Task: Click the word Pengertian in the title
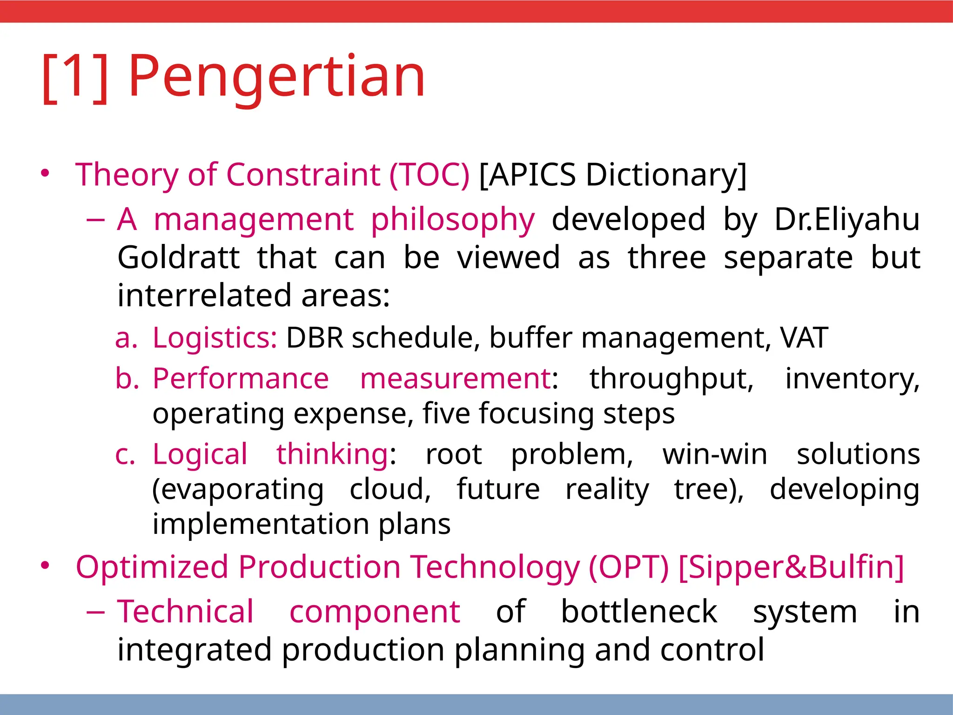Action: (276, 77)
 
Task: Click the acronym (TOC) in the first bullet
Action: (429, 175)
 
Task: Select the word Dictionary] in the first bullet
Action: (665, 175)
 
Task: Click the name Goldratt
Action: (178, 257)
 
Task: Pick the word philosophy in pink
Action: (452, 220)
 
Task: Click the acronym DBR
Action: (315, 337)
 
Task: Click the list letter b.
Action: (127, 378)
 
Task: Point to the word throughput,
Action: (671, 379)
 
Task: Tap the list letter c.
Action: (125, 455)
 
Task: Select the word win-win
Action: (715, 454)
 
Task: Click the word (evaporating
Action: (238, 490)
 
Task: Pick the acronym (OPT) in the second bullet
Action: (628, 567)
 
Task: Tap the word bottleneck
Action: (639, 611)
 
